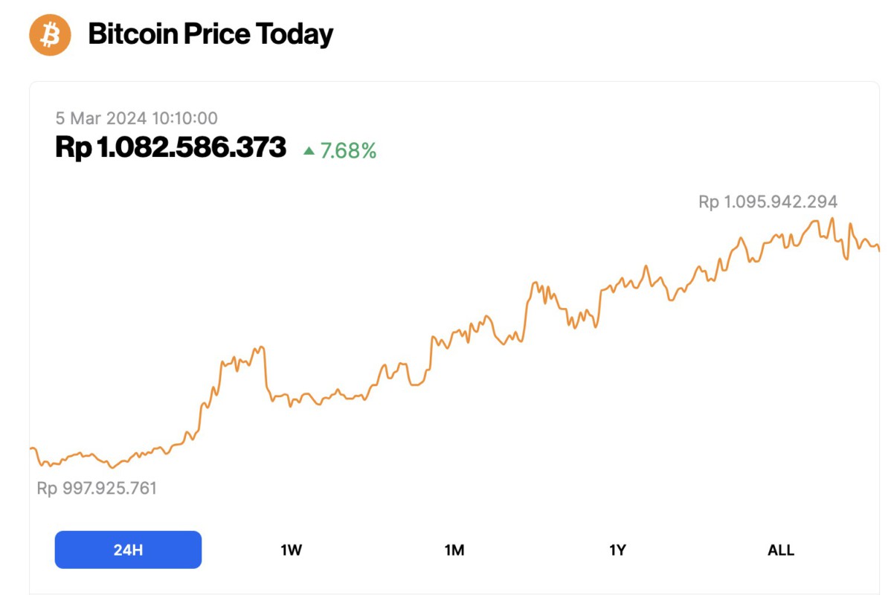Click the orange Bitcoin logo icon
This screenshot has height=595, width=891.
[50, 34]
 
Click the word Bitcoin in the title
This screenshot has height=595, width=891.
[131, 34]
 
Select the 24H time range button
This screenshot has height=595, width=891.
[128, 550]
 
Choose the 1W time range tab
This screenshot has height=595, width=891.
[291, 550]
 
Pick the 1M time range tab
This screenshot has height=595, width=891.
[454, 550]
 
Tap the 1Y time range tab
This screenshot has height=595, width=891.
[617, 550]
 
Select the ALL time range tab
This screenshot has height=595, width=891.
[781, 550]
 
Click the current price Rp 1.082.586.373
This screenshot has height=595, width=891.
[170, 147]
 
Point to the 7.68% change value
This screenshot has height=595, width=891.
[348, 151]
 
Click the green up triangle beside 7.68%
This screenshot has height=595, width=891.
[309, 151]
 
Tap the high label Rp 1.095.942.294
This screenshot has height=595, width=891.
[768, 202]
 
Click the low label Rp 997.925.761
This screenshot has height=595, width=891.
[97, 489]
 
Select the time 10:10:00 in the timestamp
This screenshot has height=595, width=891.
[184, 118]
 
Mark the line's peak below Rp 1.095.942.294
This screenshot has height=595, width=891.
[832, 219]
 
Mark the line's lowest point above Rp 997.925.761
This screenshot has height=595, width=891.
[112, 468]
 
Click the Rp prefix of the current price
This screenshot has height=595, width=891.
[73, 147]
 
